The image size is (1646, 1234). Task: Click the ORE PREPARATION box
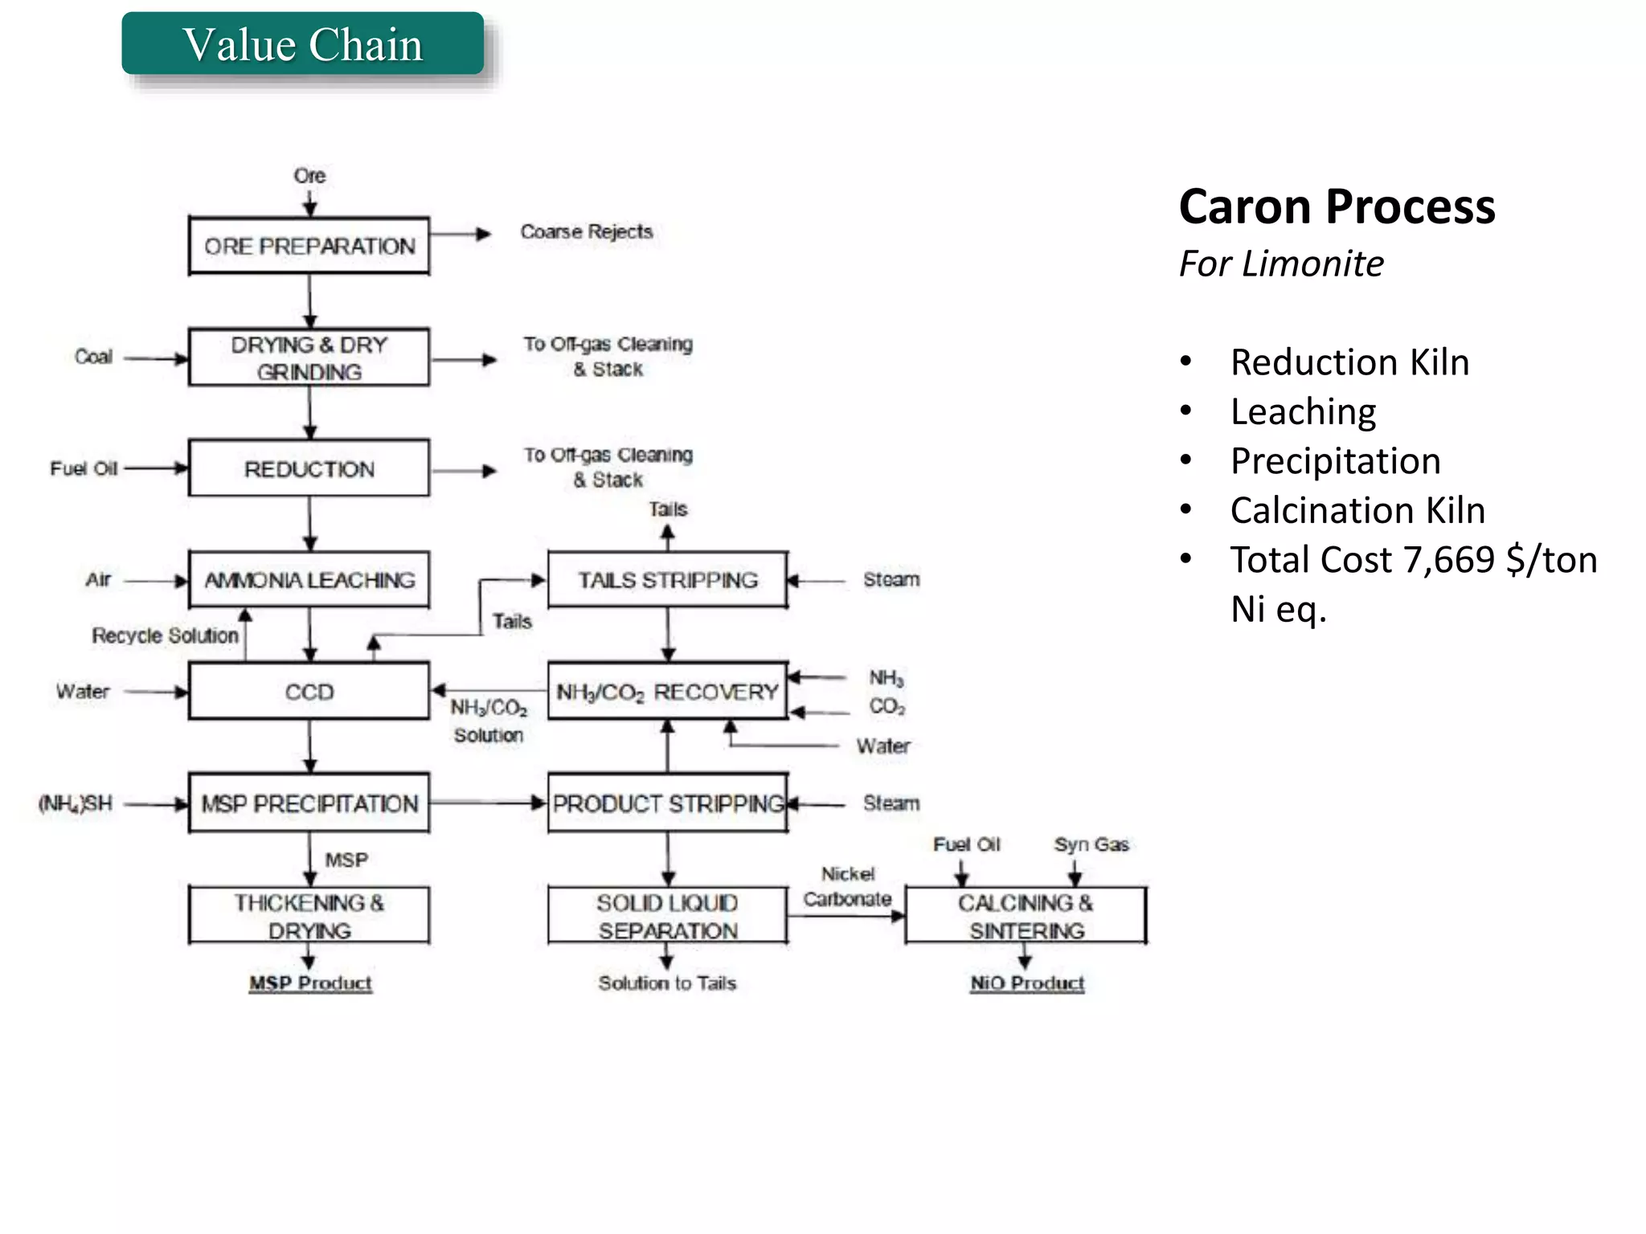point(309,246)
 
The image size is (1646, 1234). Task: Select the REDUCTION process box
point(309,468)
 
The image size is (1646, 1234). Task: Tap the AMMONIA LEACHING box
point(309,579)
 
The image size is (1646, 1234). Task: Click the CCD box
point(309,691)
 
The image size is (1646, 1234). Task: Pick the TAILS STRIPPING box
point(667,579)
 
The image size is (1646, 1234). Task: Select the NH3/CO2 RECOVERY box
point(667,691)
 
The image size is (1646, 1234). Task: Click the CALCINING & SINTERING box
point(1026,916)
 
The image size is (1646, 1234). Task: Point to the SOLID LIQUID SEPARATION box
point(667,916)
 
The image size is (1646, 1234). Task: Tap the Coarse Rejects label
point(586,231)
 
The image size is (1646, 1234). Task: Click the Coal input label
point(93,357)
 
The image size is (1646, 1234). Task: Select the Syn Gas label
point(1091,844)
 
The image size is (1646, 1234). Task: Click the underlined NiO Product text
point(1027,983)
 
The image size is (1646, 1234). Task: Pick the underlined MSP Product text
point(310,983)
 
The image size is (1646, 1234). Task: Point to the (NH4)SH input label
point(76,803)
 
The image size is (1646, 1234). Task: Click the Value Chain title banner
point(303,44)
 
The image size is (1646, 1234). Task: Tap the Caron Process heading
point(1337,206)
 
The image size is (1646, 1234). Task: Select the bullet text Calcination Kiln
point(1357,510)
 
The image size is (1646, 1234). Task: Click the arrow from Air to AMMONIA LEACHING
point(156,580)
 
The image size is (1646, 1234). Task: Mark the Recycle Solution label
point(165,635)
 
